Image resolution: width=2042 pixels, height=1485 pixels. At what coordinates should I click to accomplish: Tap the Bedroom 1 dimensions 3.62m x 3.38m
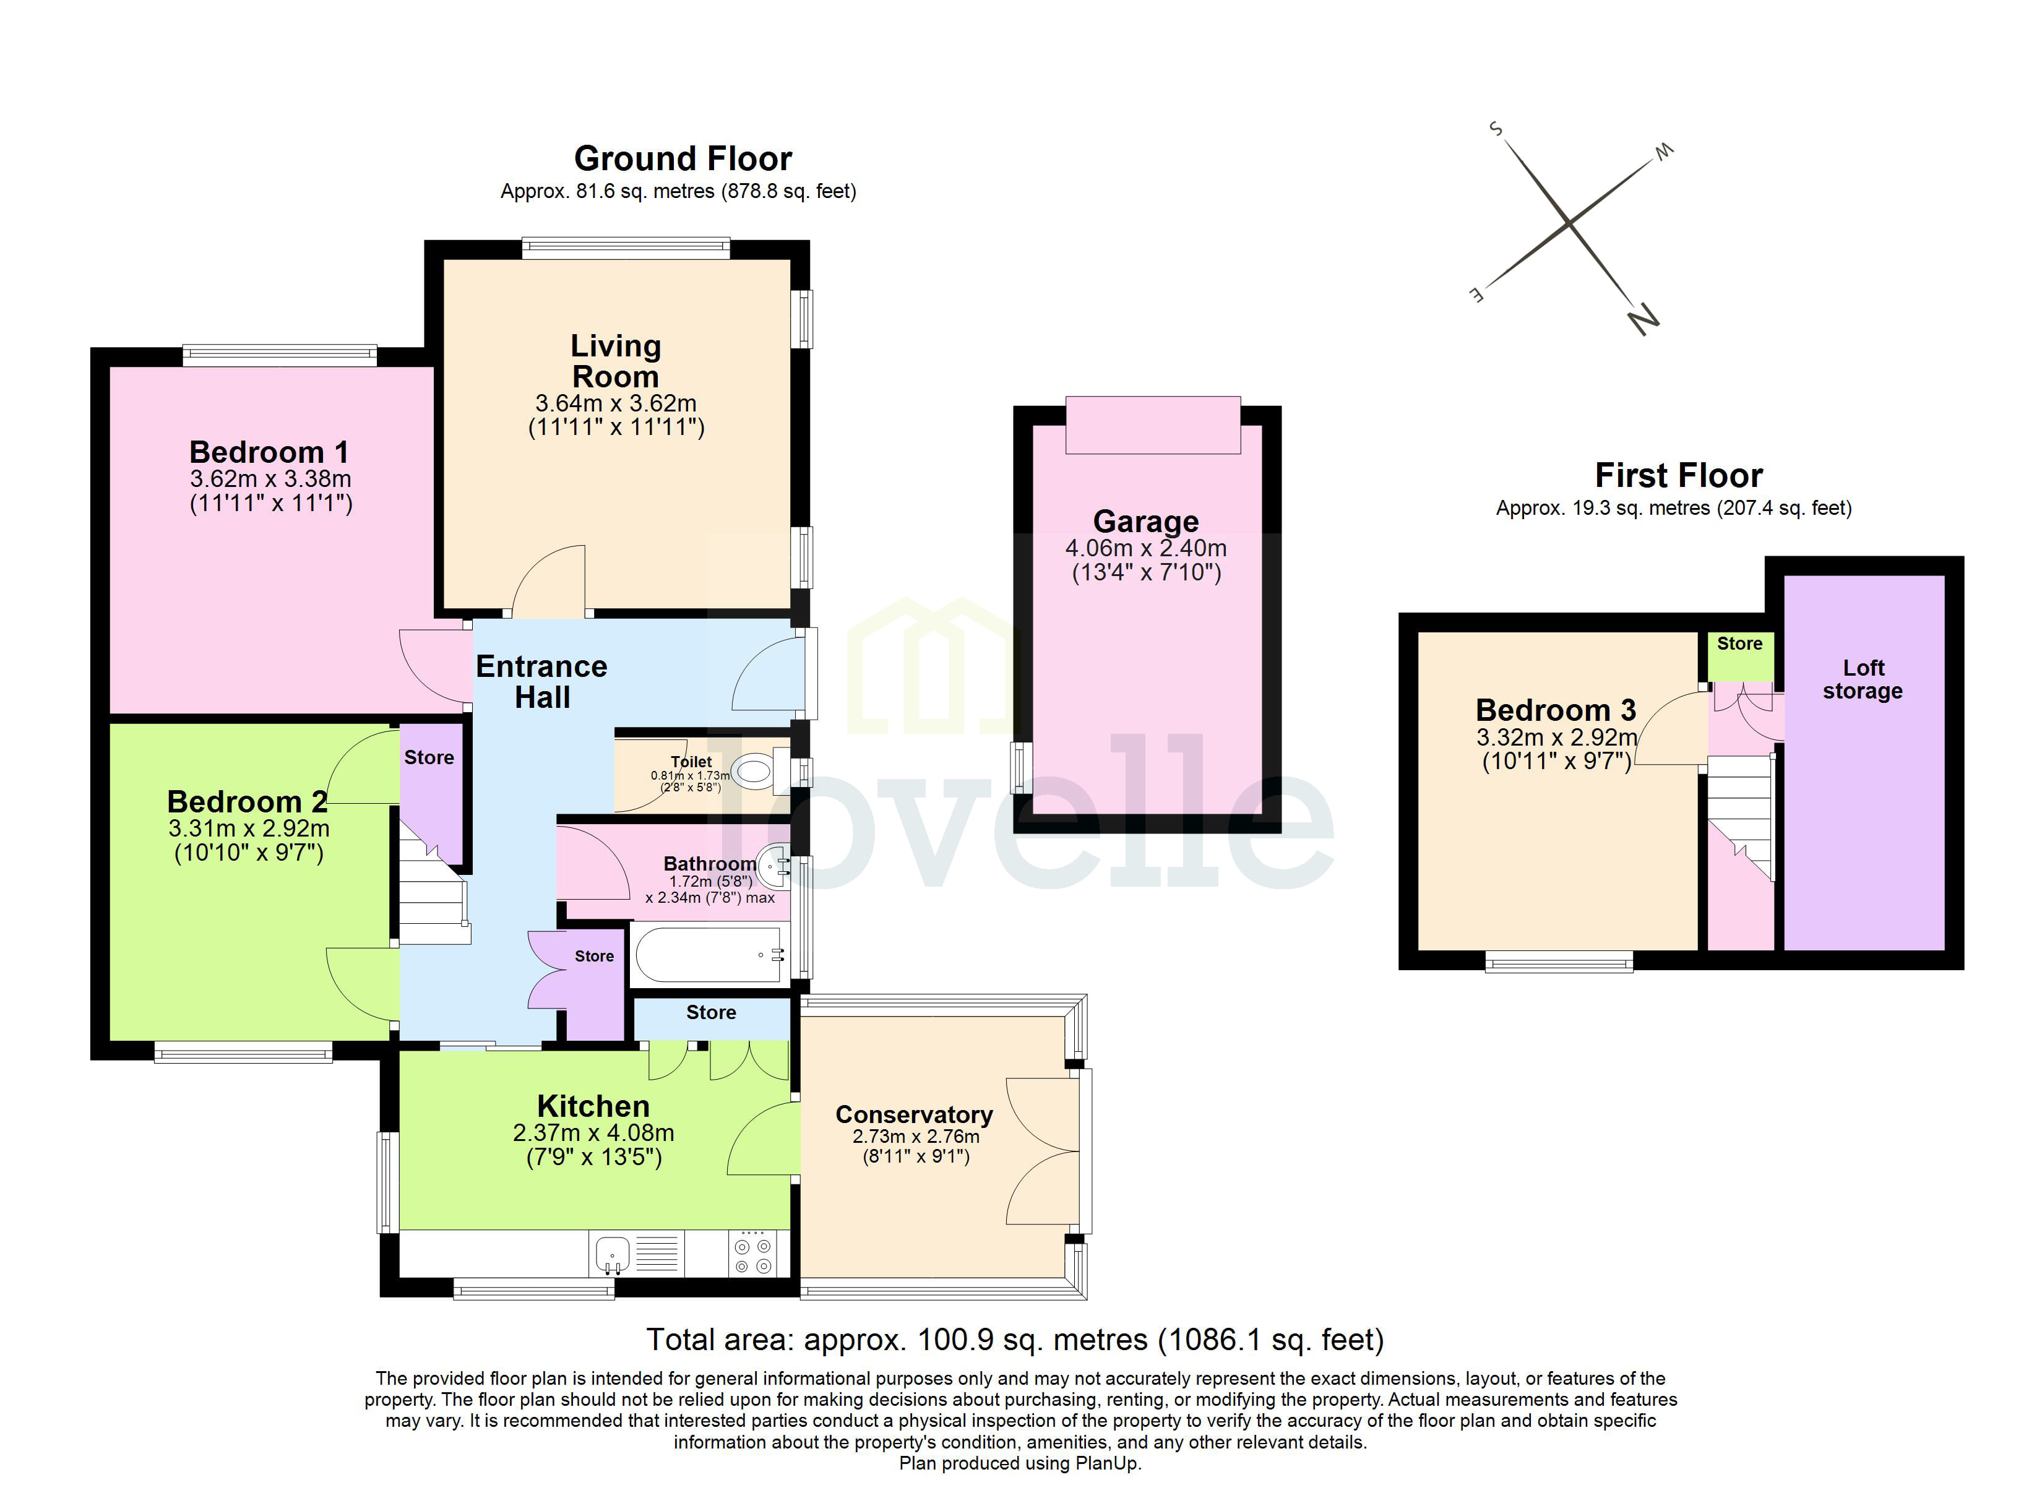coord(270,479)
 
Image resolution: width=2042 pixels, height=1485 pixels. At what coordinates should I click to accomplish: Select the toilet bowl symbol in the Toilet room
coord(752,772)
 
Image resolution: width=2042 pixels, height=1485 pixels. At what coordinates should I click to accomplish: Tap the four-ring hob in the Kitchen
coord(752,1255)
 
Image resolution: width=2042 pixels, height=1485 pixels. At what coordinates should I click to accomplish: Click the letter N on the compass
coord(1644,319)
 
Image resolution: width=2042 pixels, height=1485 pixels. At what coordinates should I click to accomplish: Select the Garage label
coord(1145,522)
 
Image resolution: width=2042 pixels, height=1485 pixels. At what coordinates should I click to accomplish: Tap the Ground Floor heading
coord(683,160)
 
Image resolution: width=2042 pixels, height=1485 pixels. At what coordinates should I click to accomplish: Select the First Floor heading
coord(1678,475)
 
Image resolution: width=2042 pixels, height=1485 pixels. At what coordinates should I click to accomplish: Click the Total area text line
coord(1015,1340)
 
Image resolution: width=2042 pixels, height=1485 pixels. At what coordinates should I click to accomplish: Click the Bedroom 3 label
coord(1555,710)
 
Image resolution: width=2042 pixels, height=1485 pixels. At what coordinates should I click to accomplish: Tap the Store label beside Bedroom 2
coord(429,757)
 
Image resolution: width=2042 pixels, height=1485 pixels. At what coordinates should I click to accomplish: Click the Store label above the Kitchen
coord(710,1013)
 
